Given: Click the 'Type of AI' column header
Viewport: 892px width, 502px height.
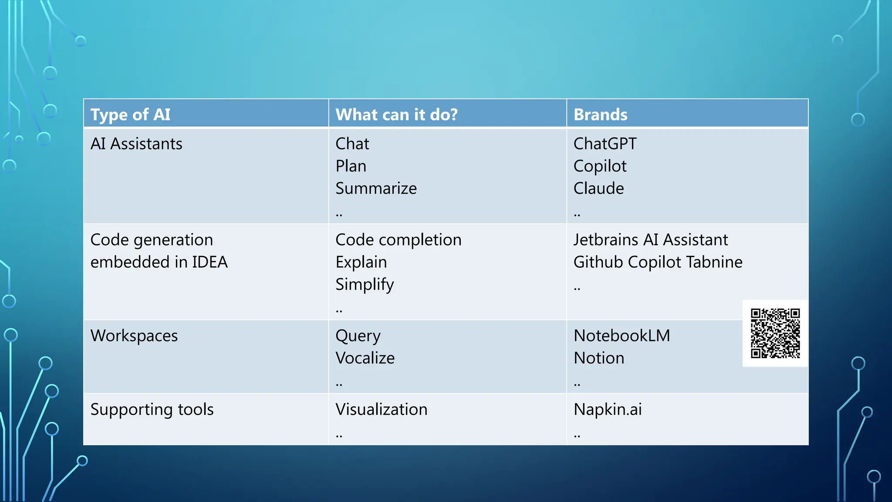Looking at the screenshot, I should point(130,115).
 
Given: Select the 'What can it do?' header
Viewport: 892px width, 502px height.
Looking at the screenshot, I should point(396,115).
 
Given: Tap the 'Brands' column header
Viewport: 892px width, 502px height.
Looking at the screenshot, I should point(600,115).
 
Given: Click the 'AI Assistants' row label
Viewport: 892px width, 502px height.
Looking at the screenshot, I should point(136,144).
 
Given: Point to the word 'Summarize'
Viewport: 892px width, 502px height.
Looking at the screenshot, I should point(376,188).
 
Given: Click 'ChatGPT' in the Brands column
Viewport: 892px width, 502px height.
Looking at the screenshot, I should point(605,144).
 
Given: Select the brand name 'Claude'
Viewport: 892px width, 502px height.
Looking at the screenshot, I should point(598,188).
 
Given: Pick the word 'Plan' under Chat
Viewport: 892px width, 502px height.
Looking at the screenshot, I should point(351,166).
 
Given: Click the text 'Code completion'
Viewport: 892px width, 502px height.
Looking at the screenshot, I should point(398,240).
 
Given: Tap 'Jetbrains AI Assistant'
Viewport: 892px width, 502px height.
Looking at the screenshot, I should point(650,240).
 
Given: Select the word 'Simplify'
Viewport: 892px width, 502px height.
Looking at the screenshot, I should point(365,285).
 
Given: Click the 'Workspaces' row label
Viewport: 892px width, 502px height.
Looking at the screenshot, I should point(134,336).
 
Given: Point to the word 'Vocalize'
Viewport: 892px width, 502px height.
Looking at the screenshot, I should point(365,358).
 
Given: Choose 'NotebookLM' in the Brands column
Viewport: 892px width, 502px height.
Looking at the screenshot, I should point(622,336).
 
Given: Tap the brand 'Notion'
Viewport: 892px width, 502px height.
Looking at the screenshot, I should point(599,358).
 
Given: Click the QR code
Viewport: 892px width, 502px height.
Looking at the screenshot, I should point(775,333).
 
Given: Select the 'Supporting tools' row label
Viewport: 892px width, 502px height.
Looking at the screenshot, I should point(152,409).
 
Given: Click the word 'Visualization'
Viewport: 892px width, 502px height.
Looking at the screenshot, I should point(381,409).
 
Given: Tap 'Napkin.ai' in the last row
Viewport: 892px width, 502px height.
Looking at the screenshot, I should point(608,409).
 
